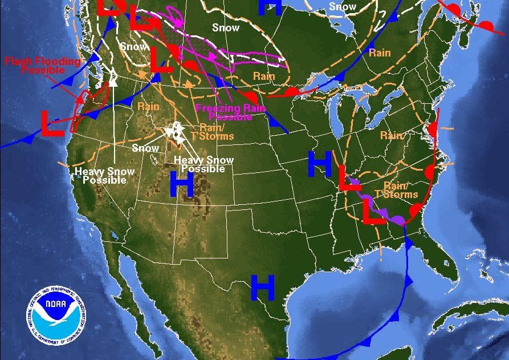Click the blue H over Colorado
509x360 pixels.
point(182,184)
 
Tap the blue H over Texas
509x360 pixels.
point(263,287)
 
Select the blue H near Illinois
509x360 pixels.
point(319,164)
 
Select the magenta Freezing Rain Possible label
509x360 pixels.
point(224,112)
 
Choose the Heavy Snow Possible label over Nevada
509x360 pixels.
point(105,175)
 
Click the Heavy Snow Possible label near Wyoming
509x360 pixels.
point(203,164)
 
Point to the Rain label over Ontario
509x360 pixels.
point(380,52)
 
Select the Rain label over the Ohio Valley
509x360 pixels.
point(391,135)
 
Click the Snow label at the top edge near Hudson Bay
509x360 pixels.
point(343,7)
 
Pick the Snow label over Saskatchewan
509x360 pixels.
point(226,27)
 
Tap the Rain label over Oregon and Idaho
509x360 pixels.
point(148,106)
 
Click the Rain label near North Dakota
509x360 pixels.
point(264,76)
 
